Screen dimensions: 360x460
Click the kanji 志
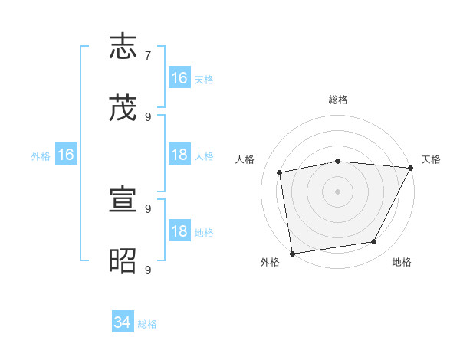[124, 47]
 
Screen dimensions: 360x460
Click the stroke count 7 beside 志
[148, 56]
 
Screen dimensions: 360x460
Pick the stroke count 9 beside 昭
[148, 270]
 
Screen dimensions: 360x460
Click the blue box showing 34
[123, 323]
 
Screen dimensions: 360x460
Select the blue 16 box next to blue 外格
[65, 155]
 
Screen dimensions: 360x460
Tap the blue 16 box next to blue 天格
[179, 78]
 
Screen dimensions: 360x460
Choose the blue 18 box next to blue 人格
[179, 155]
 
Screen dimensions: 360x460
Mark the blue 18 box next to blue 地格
[179, 232]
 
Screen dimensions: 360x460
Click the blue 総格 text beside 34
[147, 324]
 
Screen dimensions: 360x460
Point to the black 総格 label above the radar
[337, 100]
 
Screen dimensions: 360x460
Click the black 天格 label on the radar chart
[431, 159]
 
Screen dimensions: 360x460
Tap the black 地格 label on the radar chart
[402, 263]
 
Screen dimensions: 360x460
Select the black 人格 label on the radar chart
[245, 159]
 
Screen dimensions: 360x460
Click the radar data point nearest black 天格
[411, 168]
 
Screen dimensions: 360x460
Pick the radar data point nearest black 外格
[292, 253]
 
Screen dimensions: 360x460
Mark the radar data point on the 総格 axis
[337, 161]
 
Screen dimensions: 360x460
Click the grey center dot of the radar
[337, 191]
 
